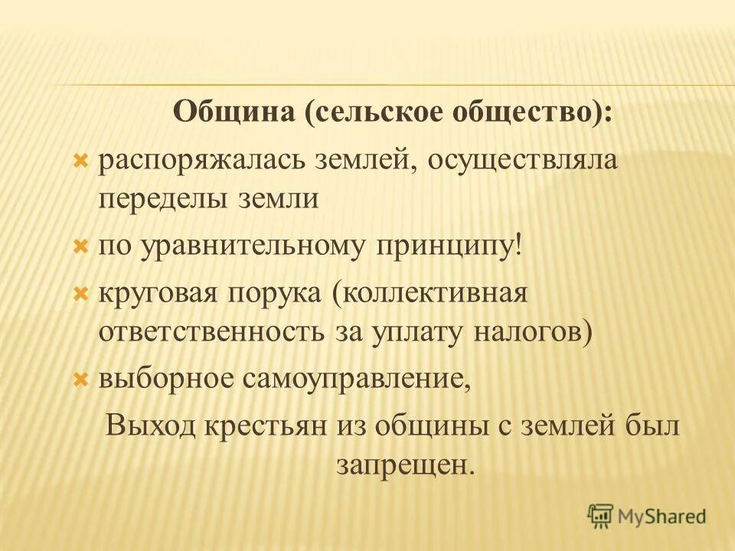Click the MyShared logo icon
[602, 517]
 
